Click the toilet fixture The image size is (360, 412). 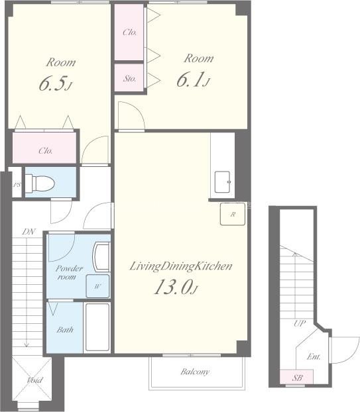tap(40, 183)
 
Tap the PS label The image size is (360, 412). tap(17, 185)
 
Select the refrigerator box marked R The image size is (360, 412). tap(233, 214)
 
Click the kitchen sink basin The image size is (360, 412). tap(223, 182)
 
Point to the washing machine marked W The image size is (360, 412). tap(97, 286)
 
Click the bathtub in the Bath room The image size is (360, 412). tap(97, 327)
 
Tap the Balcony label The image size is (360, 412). tap(195, 372)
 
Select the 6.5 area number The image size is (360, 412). tap(55, 83)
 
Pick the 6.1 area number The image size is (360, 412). tap(194, 79)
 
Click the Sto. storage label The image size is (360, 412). tap(130, 78)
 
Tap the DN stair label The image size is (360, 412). tap(29, 232)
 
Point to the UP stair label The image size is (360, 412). tap(300, 323)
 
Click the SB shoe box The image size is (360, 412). tap(296, 378)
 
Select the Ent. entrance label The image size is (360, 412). tap(314, 356)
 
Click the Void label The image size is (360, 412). tap(34, 380)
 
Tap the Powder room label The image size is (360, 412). tap(69, 272)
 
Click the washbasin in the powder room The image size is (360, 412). tap(101, 257)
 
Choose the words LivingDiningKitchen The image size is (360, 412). tap(181, 266)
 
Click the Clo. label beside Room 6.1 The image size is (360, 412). tap(130, 32)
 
